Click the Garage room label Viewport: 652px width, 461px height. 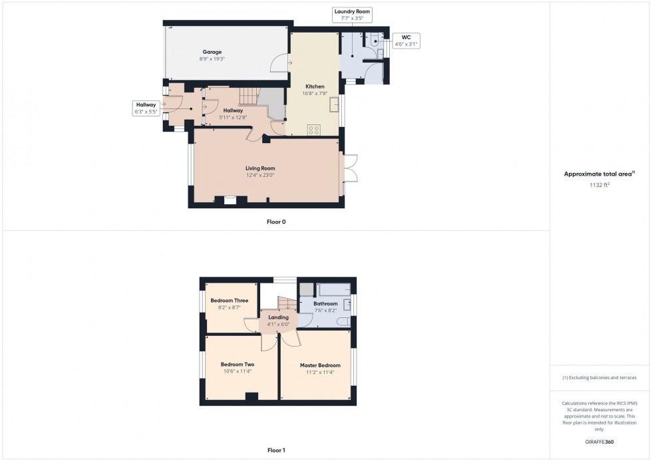pyautogui.click(x=212, y=52)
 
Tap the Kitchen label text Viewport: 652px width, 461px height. pyautogui.click(x=315, y=86)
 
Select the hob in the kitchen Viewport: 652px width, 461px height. pyautogui.click(x=314, y=130)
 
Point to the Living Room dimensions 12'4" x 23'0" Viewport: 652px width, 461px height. pyautogui.click(x=259, y=175)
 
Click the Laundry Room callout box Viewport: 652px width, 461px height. pyautogui.click(x=353, y=15)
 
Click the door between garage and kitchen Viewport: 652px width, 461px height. pyautogui.click(x=281, y=64)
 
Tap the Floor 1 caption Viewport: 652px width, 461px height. pyautogui.click(x=276, y=450)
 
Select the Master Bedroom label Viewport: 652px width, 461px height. pyautogui.click(x=320, y=365)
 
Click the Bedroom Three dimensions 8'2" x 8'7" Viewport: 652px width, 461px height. pyautogui.click(x=230, y=308)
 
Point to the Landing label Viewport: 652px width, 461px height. pyautogui.click(x=278, y=317)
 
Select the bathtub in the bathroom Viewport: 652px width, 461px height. pyautogui.click(x=335, y=290)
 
